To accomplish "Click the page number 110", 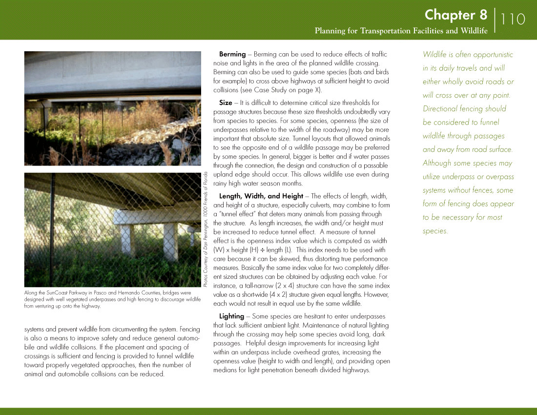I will pos(513,20).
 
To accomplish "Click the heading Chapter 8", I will pos(455,15).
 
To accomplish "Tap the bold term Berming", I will pos(232,54).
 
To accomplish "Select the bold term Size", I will pos(226,103).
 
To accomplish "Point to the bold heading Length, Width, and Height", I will pos(261,196).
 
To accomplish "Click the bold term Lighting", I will pos(232,316).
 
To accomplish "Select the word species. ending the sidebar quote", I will pos(435,231).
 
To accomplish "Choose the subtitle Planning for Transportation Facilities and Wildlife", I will pos(401,31).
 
